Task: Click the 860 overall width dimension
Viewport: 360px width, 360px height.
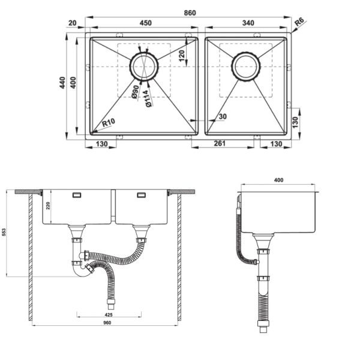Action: click(x=190, y=13)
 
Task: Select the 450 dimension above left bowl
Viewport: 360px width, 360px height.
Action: click(x=146, y=23)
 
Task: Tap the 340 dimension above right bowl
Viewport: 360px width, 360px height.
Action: click(x=248, y=23)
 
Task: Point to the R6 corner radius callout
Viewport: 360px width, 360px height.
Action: click(x=299, y=22)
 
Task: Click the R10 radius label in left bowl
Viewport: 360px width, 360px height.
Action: click(x=109, y=122)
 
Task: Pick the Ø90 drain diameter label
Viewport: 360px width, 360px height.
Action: click(x=135, y=92)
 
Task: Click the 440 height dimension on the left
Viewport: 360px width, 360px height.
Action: click(x=62, y=83)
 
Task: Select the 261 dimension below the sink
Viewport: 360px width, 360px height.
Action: click(x=220, y=143)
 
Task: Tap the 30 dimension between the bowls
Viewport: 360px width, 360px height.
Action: click(x=223, y=116)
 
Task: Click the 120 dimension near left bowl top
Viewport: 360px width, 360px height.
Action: click(x=182, y=56)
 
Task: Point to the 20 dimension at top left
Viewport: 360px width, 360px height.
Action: click(x=73, y=23)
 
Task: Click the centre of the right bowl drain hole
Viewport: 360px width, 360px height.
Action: click(x=245, y=67)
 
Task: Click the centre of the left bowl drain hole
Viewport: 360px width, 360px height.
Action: click(x=144, y=67)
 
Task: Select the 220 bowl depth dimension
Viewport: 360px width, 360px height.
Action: click(x=48, y=205)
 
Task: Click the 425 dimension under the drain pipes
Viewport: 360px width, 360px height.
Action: click(x=109, y=315)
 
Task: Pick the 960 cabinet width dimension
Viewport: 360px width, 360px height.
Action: click(x=107, y=323)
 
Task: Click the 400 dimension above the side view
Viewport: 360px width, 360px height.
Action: click(x=279, y=180)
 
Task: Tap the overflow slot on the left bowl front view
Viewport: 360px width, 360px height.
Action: click(x=77, y=195)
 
